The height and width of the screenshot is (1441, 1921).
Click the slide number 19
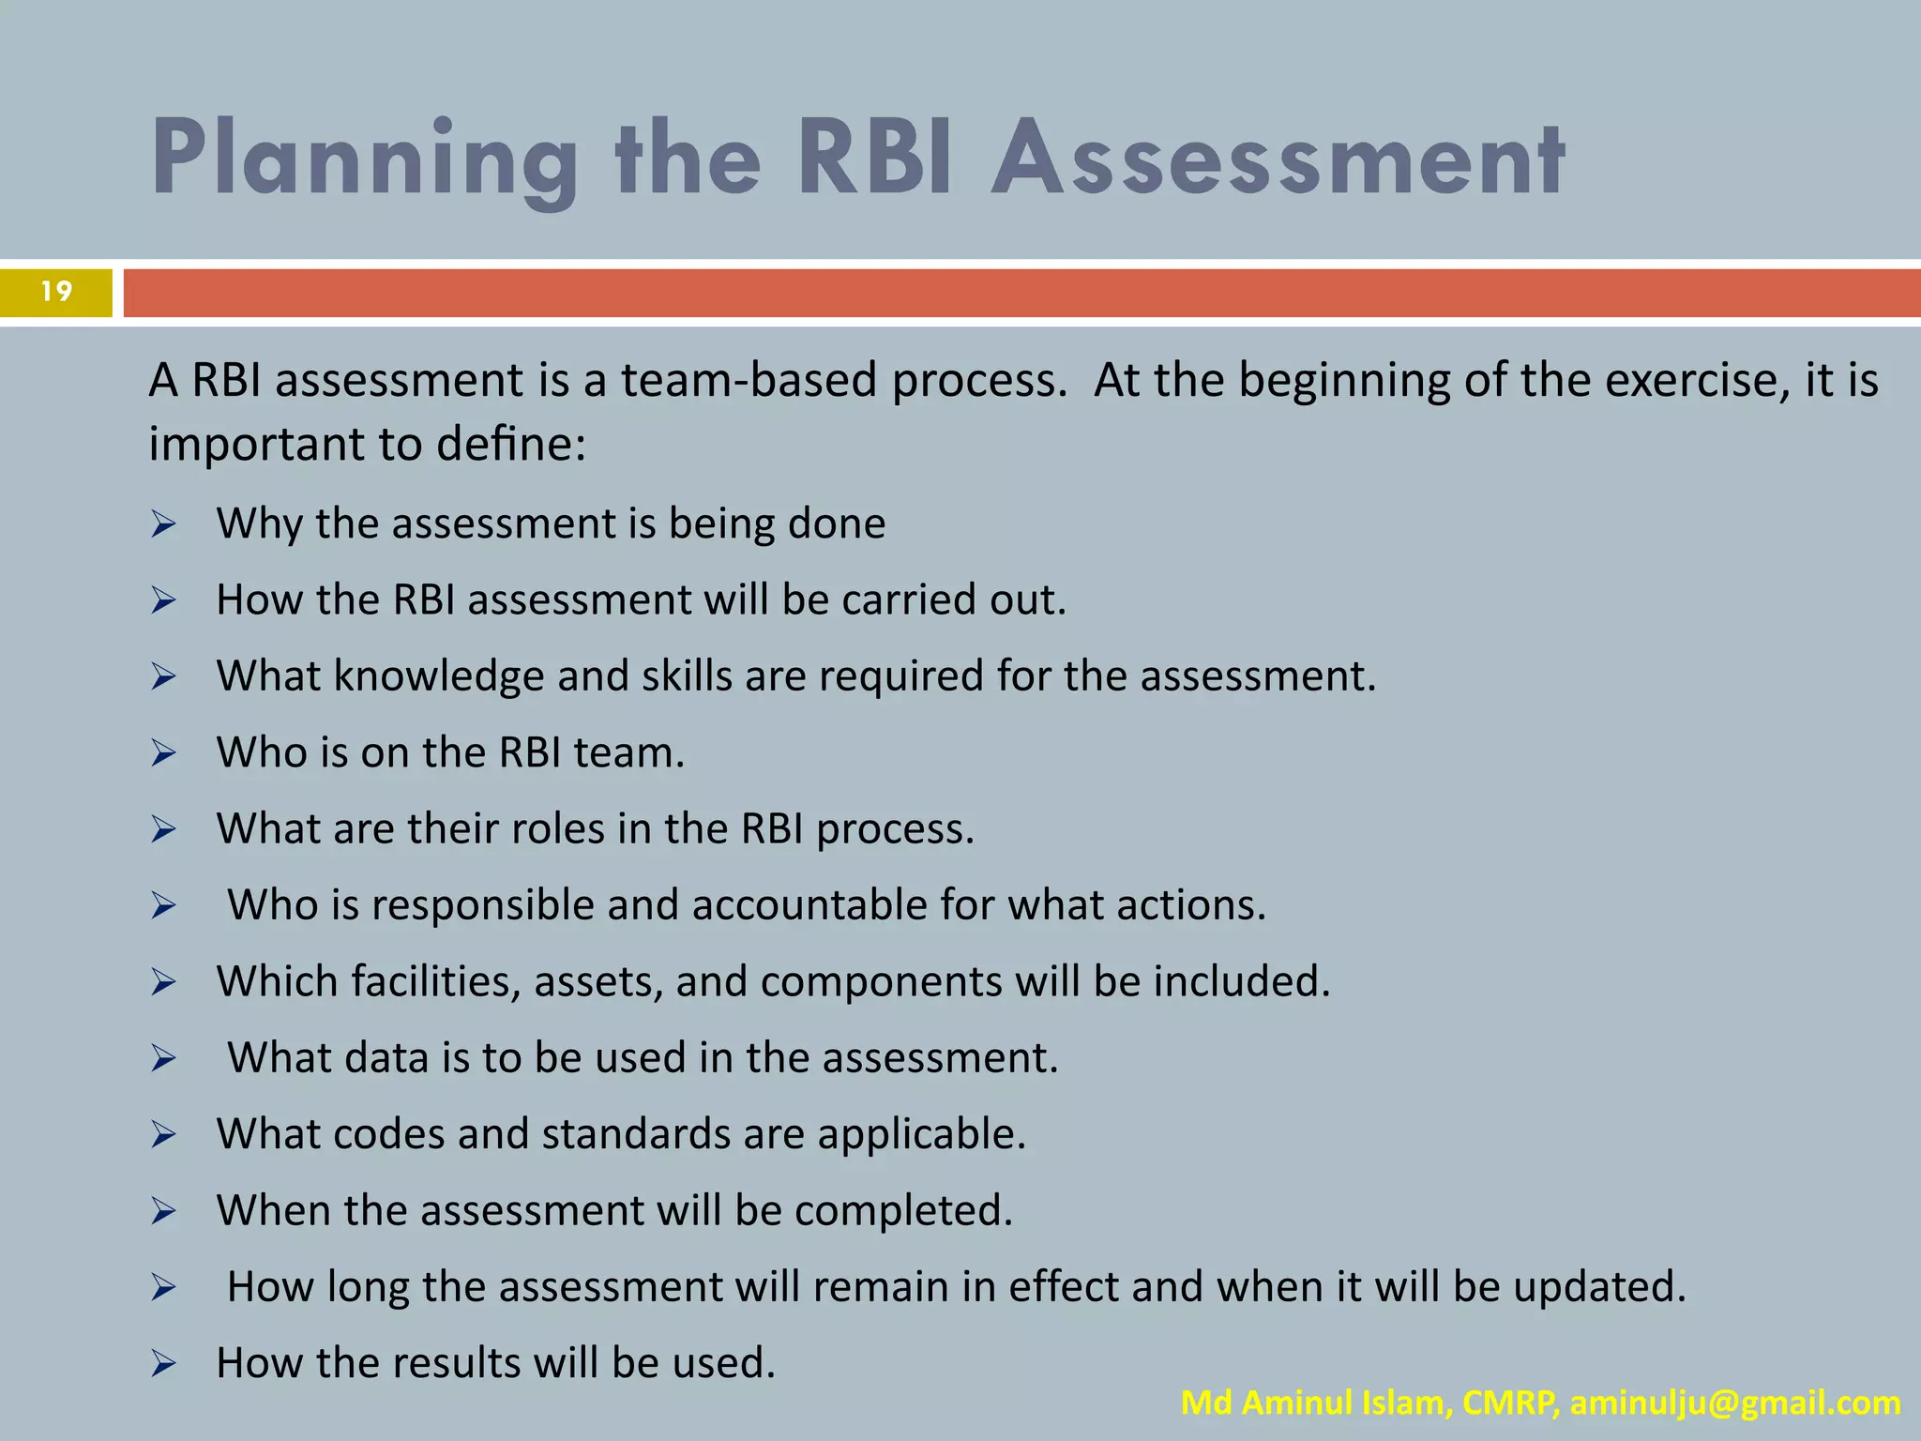click(x=56, y=292)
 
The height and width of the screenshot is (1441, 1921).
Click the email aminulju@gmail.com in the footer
click(x=1735, y=1403)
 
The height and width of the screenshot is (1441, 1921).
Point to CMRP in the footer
click(x=1511, y=1403)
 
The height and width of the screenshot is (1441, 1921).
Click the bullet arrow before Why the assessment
click(x=163, y=524)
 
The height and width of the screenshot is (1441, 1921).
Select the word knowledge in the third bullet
click(x=439, y=676)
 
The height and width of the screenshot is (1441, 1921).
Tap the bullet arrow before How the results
click(x=163, y=1364)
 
